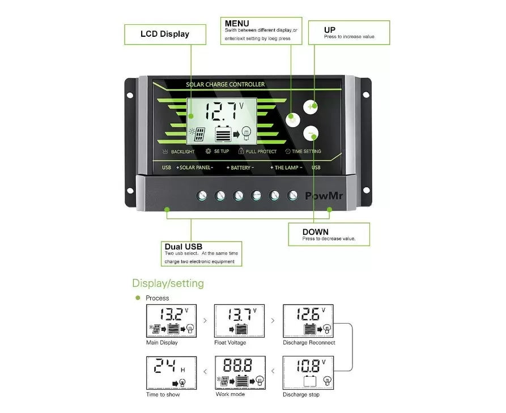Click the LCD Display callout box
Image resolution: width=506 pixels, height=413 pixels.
[x=165, y=34]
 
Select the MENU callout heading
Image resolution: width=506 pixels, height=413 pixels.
[x=237, y=23]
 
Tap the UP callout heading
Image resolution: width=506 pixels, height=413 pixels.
[x=330, y=29]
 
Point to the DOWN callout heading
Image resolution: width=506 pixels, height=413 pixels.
[x=315, y=232]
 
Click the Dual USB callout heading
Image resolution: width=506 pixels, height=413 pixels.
[x=183, y=247]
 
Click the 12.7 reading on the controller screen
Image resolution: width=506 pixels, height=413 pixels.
[x=223, y=110]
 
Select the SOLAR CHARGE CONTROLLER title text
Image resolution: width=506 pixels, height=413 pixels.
[x=225, y=85]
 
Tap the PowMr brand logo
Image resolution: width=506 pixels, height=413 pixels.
[x=325, y=196]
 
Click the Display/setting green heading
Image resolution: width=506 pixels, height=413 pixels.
[x=168, y=283]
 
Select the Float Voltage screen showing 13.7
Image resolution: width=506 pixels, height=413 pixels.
[x=239, y=321]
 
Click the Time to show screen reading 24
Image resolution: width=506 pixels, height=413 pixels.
[x=171, y=372]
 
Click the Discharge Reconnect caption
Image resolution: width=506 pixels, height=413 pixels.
[x=309, y=343]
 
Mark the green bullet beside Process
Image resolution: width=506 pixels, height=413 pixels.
[x=137, y=298]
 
